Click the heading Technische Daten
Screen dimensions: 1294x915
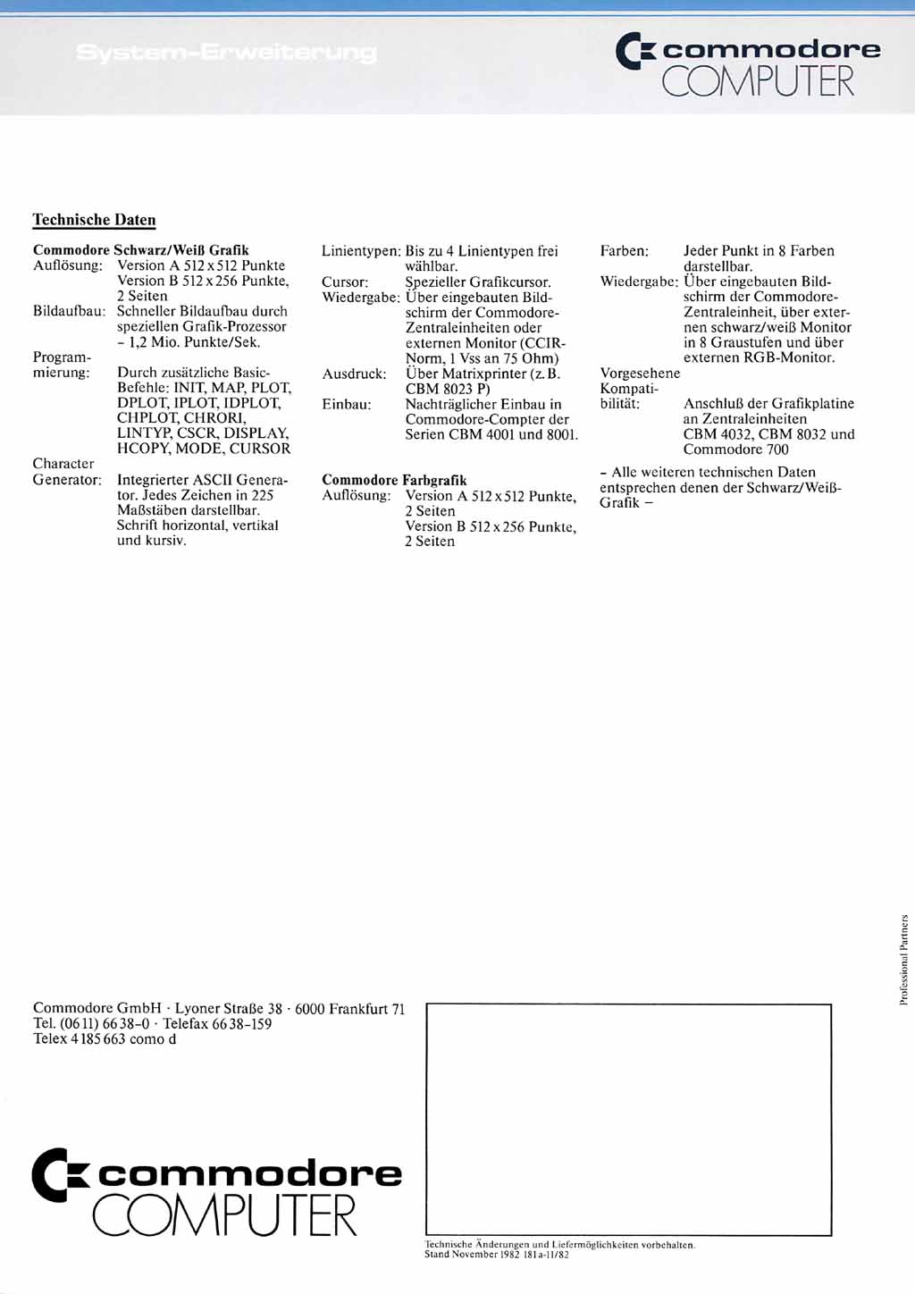(94, 220)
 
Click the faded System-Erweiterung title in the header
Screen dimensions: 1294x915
(226, 53)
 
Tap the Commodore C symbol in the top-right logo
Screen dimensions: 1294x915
(635, 51)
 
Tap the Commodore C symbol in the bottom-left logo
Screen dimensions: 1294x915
(60, 1174)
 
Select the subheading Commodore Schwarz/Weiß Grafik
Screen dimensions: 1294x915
(140, 250)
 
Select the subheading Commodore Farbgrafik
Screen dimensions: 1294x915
(394, 480)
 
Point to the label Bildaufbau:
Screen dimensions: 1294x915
(71, 311)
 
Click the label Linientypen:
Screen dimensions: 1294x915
(361, 251)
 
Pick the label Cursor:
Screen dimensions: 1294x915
(345, 281)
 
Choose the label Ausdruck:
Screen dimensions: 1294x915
(354, 374)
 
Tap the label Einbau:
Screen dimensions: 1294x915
(347, 404)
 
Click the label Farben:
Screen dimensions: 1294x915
(624, 251)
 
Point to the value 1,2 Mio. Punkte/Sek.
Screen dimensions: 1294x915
(193, 342)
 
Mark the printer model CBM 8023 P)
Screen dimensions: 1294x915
(448, 389)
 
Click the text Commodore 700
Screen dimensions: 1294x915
(735, 450)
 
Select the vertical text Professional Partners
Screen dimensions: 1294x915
(903, 960)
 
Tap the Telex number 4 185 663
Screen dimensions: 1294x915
(98, 1039)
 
